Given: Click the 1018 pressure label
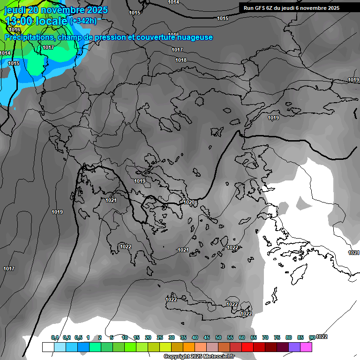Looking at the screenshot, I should coord(181,60).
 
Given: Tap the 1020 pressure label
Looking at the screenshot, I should coord(189,202).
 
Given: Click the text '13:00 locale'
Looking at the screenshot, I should coord(36,21).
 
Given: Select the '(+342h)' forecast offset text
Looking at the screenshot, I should coord(83,21).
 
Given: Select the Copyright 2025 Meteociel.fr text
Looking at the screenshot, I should coord(199,357).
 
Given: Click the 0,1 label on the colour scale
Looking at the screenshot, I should coord(55,337).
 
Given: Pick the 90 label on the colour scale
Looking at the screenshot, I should coord(312,337).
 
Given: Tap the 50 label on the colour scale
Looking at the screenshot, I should coord(218,337).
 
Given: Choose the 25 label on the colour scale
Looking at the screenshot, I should coord(160,337).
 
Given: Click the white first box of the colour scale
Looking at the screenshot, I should coord(48,347).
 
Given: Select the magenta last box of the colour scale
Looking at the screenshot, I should coord(306,347).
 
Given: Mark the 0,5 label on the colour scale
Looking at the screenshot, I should coord(78,337).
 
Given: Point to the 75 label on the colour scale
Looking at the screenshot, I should coord(277,337).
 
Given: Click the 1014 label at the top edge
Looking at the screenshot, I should coord(173,2).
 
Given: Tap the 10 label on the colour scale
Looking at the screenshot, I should coord(125,337).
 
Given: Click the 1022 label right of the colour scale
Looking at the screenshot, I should coord(322,337).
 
